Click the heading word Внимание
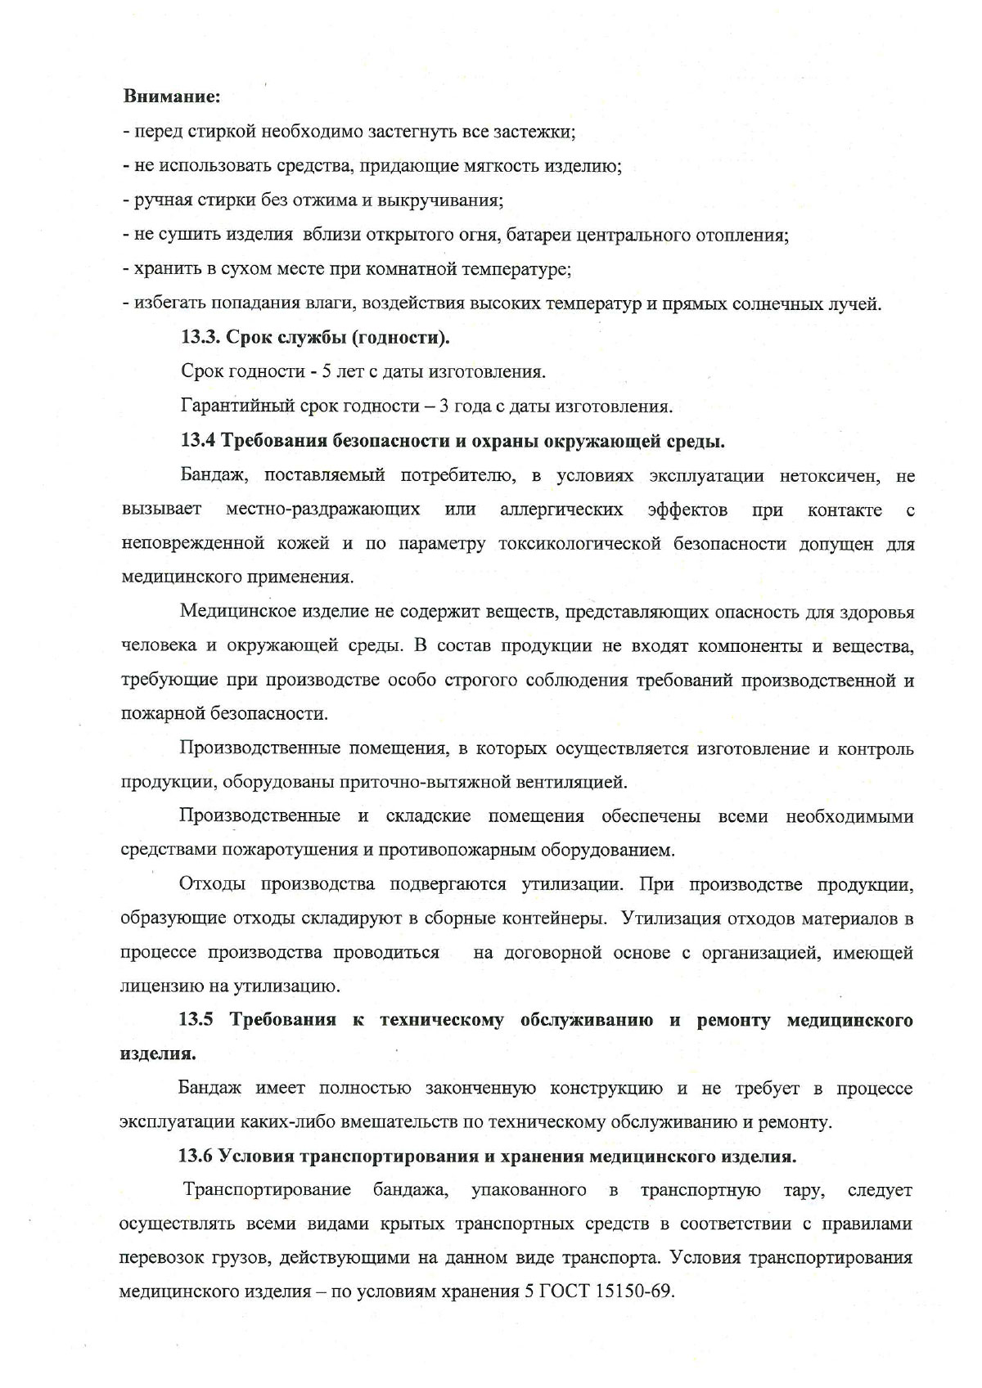(x=171, y=97)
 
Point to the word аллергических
(x=561, y=510)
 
